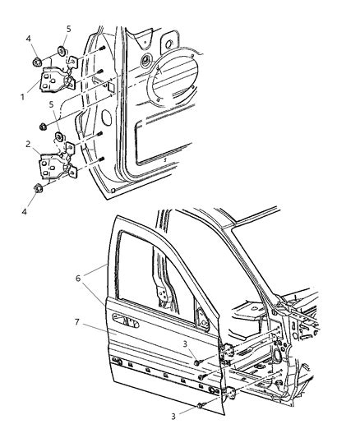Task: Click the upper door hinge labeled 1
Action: pyautogui.click(x=54, y=83)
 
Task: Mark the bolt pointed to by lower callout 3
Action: pyautogui.click(x=200, y=405)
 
